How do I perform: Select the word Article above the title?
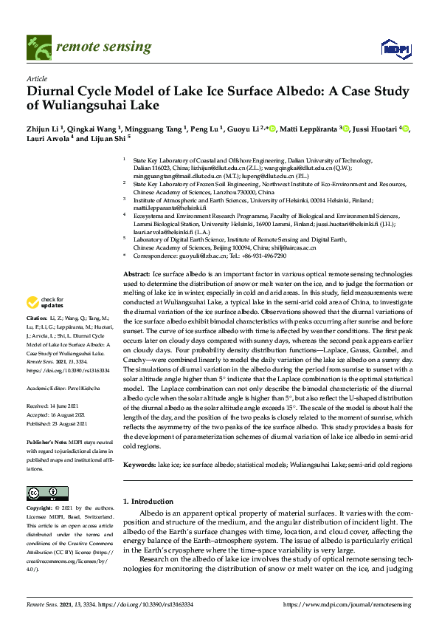coord(36,78)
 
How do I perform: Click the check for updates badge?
coord(46,323)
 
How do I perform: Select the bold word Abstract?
coord(136,274)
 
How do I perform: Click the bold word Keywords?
coord(139,465)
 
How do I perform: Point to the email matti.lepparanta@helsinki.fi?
coord(172,208)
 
